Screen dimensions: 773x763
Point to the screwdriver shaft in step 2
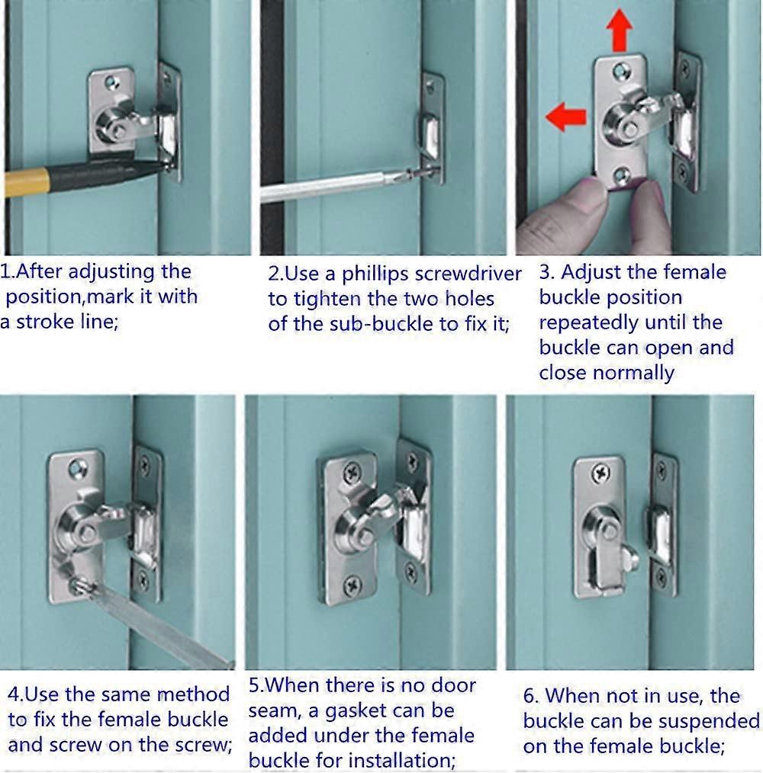pyautogui.click(x=328, y=188)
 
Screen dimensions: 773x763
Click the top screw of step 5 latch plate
pyautogui.click(x=352, y=473)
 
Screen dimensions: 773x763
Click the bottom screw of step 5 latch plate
pyautogui.click(x=353, y=585)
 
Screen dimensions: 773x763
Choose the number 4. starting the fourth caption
pyautogui.click(x=15, y=694)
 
